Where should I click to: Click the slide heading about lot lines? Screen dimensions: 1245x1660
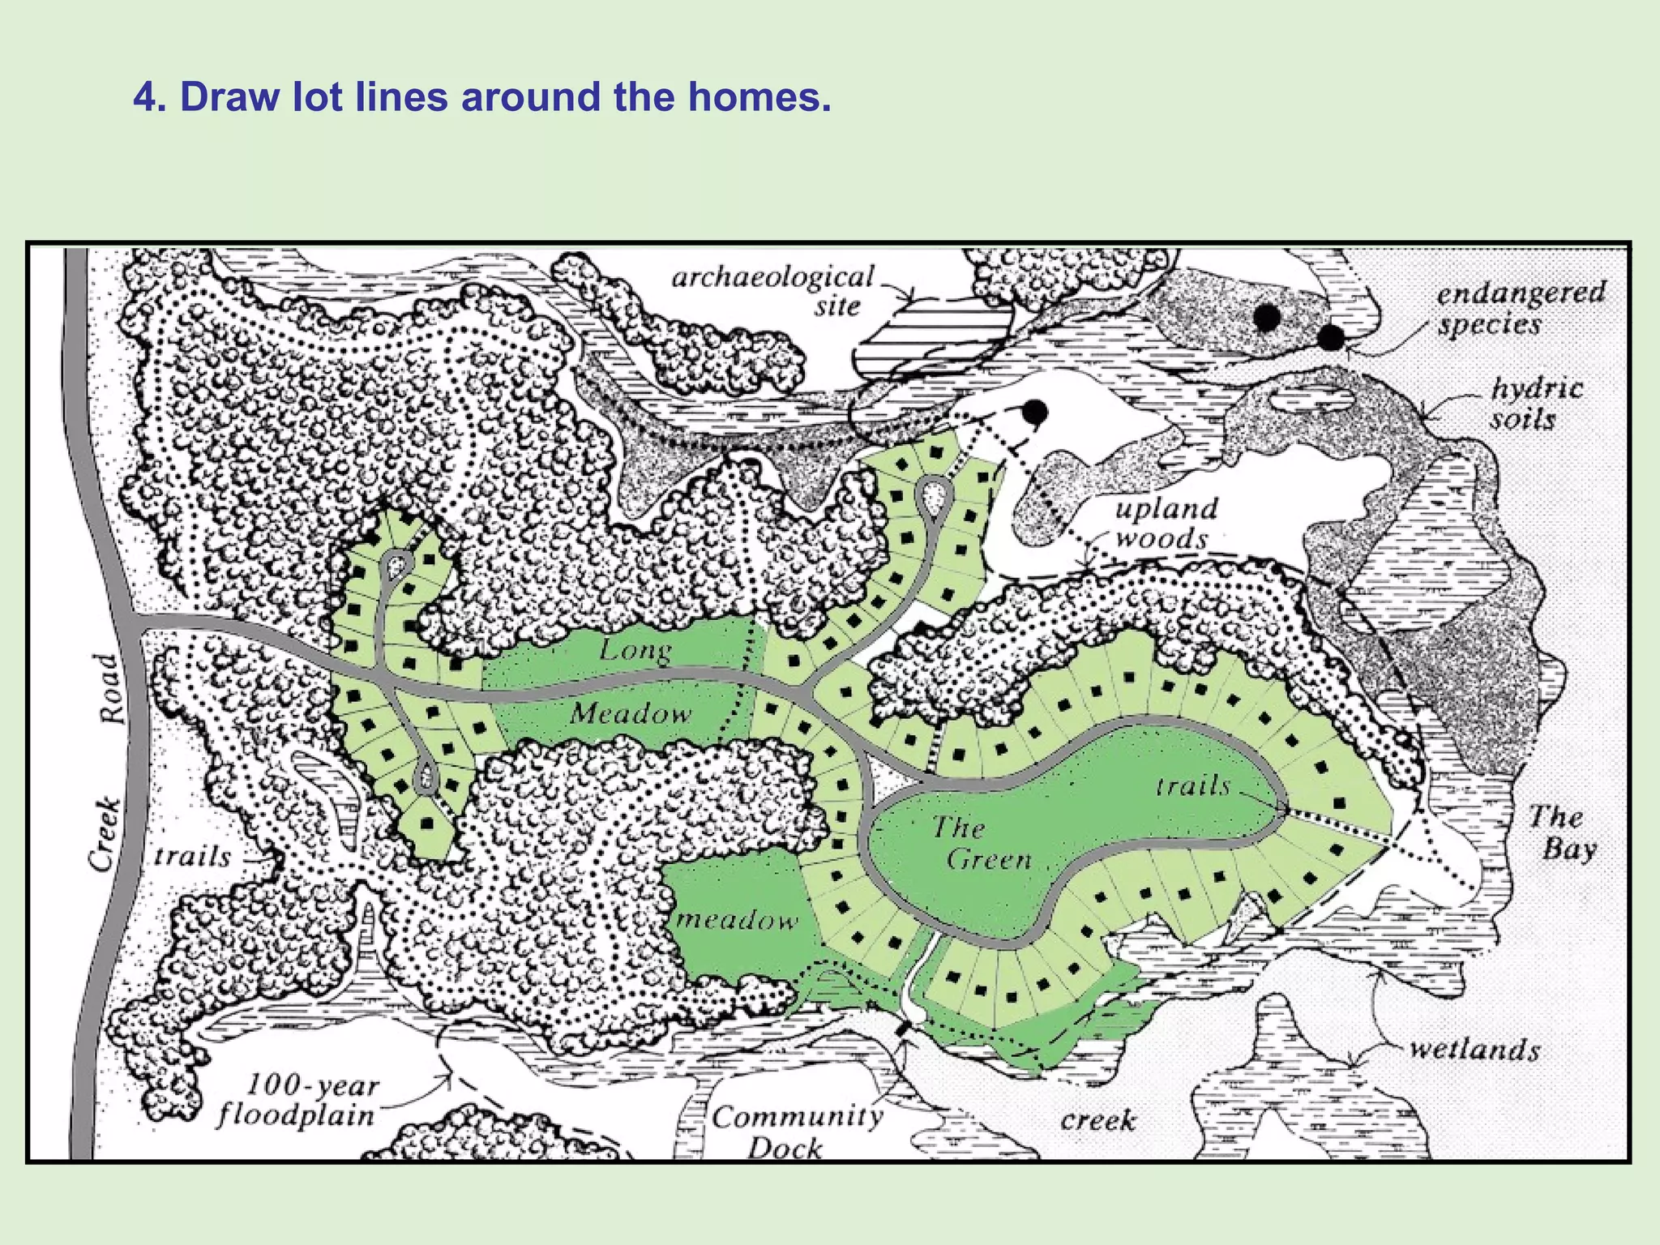coord(482,97)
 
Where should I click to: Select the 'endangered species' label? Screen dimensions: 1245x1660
coord(1521,308)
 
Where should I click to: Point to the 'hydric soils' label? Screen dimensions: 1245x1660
coord(1536,404)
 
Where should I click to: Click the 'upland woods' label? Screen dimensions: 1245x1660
coord(1166,524)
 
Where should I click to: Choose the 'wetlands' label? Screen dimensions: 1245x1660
coord(1474,1049)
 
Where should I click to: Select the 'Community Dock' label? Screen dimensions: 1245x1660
coord(797,1132)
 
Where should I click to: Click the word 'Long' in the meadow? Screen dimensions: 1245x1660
coord(635,651)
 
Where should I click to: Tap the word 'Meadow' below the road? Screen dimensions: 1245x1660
coord(631,714)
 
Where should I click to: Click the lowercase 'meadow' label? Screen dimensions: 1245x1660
coord(736,919)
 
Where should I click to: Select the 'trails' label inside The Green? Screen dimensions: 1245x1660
coord(1193,785)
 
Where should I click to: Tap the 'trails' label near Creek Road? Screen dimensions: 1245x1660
coord(193,857)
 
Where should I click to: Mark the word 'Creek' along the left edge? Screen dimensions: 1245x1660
coord(105,835)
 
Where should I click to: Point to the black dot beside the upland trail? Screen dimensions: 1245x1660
coord(1033,413)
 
